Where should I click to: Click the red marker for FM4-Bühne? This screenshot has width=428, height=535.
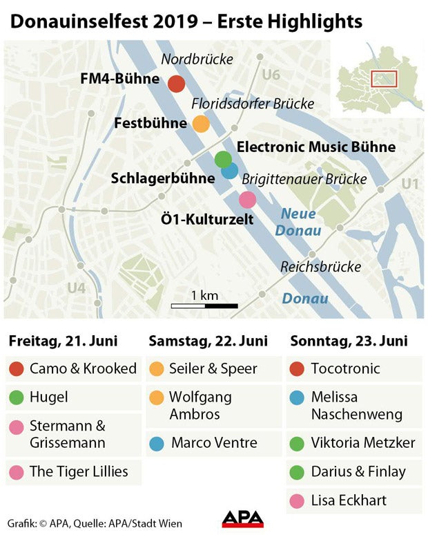[176, 84]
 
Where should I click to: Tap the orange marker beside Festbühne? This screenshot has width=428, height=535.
[200, 124]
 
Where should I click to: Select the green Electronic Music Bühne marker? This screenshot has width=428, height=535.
[223, 159]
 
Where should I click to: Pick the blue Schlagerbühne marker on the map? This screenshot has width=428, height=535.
[230, 169]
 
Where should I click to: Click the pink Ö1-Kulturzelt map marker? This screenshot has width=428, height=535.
[247, 200]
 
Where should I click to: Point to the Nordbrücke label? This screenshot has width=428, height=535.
[196, 59]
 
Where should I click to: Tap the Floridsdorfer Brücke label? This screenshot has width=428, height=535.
[253, 104]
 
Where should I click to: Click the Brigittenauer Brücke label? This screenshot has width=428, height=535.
[304, 179]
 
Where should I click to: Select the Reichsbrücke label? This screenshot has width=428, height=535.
[321, 267]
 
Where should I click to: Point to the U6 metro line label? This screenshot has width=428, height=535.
[271, 74]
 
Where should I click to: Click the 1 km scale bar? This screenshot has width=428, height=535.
[204, 305]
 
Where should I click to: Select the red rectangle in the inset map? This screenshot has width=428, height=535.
[385, 78]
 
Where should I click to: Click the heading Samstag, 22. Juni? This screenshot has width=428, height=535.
[208, 341]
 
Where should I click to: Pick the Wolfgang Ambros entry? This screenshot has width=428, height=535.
[200, 406]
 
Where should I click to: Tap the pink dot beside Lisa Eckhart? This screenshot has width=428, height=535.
[298, 500]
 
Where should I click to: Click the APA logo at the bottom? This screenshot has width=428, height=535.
[242, 518]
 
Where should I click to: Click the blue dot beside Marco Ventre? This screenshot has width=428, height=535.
[157, 443]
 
